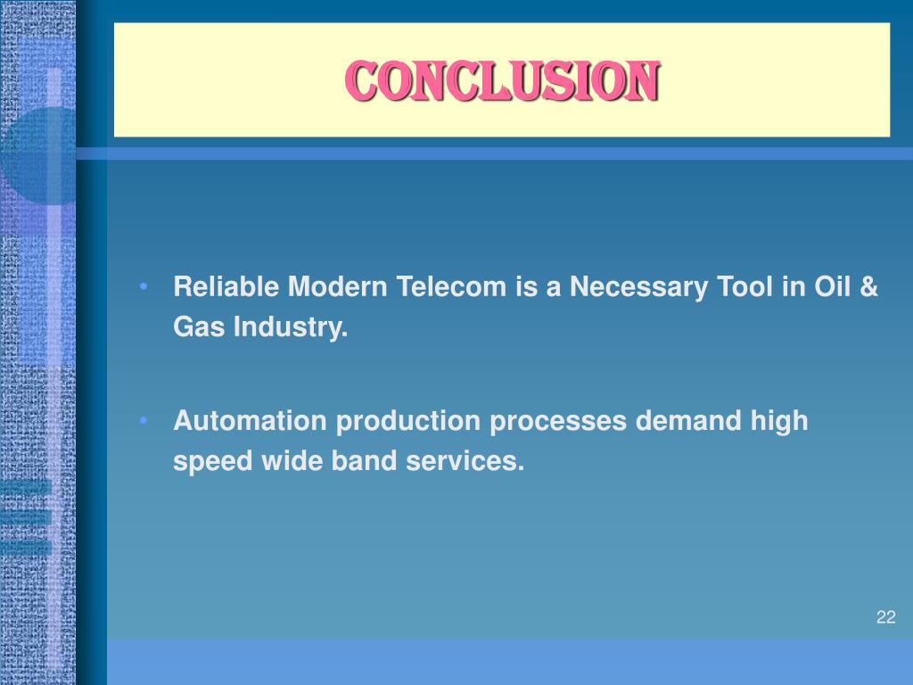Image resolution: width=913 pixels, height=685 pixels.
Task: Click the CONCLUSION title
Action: pyautogui.click(x=502, y=82)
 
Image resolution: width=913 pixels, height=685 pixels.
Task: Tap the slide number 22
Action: pyautogui.click(x=885, y=617)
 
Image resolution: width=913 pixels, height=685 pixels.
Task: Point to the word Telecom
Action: pyautogui.click(x=451, y=287)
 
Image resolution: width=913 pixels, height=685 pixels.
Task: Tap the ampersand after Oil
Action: pyautogui.click(x=870, y=287)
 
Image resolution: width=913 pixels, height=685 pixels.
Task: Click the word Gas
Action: pyautogui.click(x=198, y=328)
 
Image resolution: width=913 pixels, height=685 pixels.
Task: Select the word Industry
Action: pyautogui.click(x=291, y=328)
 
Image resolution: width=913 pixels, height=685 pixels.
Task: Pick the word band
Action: pyautogui.click(x=343, y=461)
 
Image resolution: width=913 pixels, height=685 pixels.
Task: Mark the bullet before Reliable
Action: pyautogui.click(x=144, y=287)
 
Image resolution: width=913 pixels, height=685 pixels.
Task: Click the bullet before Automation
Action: pyautogui.click(x=144, y=420)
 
